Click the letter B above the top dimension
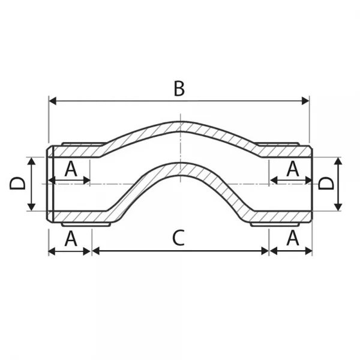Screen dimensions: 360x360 (x=179, y=88)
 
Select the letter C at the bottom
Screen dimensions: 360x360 (x=178, y=238)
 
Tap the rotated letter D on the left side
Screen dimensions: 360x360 (x=17, y=184)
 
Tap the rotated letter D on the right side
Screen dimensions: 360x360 (x=326, y=184)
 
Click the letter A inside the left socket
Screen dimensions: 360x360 (x=71, y=169)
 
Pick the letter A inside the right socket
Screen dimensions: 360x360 (x=293, y=169)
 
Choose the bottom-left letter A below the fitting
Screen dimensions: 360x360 (x=71, y=238)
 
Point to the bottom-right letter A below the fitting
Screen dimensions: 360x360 (x=293, y=238)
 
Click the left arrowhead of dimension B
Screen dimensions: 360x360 (x=53, y=101)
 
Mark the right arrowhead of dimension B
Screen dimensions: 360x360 (x=305, y=101)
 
